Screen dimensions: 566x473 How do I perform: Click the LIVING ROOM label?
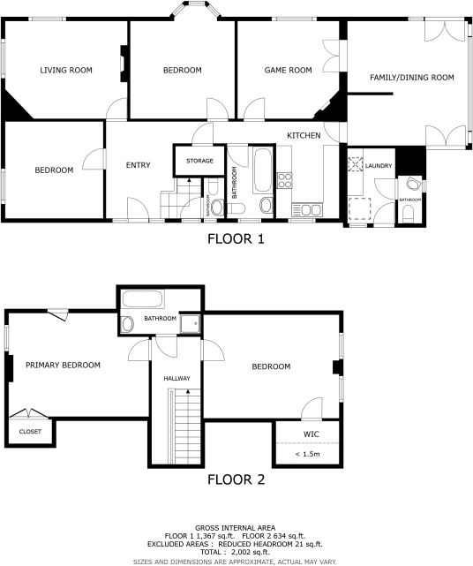click(x=67, y=70)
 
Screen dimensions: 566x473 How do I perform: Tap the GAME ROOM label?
click(x=289, y=70)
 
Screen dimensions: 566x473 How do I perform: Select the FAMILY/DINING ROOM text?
click(x=412, y=78)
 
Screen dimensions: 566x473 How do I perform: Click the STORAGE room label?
click(x=199, y=161)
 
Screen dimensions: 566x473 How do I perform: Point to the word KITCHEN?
click(x=304, y=134)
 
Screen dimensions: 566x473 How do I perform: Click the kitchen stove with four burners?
click(x=285, y=180)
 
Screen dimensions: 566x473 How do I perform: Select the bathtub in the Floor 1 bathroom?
click(x=262, y=170)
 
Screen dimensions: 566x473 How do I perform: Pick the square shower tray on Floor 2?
click(x=189, y=325)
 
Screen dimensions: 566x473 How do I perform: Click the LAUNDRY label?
click(x=379, y=165)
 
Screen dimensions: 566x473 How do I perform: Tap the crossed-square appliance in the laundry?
click(x=356, y=164)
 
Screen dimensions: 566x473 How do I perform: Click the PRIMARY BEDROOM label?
click(x=62, y=365)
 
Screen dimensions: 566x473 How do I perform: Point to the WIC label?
click(x=310, y=434)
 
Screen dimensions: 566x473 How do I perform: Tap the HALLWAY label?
click(x=176, y=379)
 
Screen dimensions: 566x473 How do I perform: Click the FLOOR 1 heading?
click(x=236, y=238)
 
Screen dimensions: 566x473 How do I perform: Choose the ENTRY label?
click(x=139, y=165)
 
